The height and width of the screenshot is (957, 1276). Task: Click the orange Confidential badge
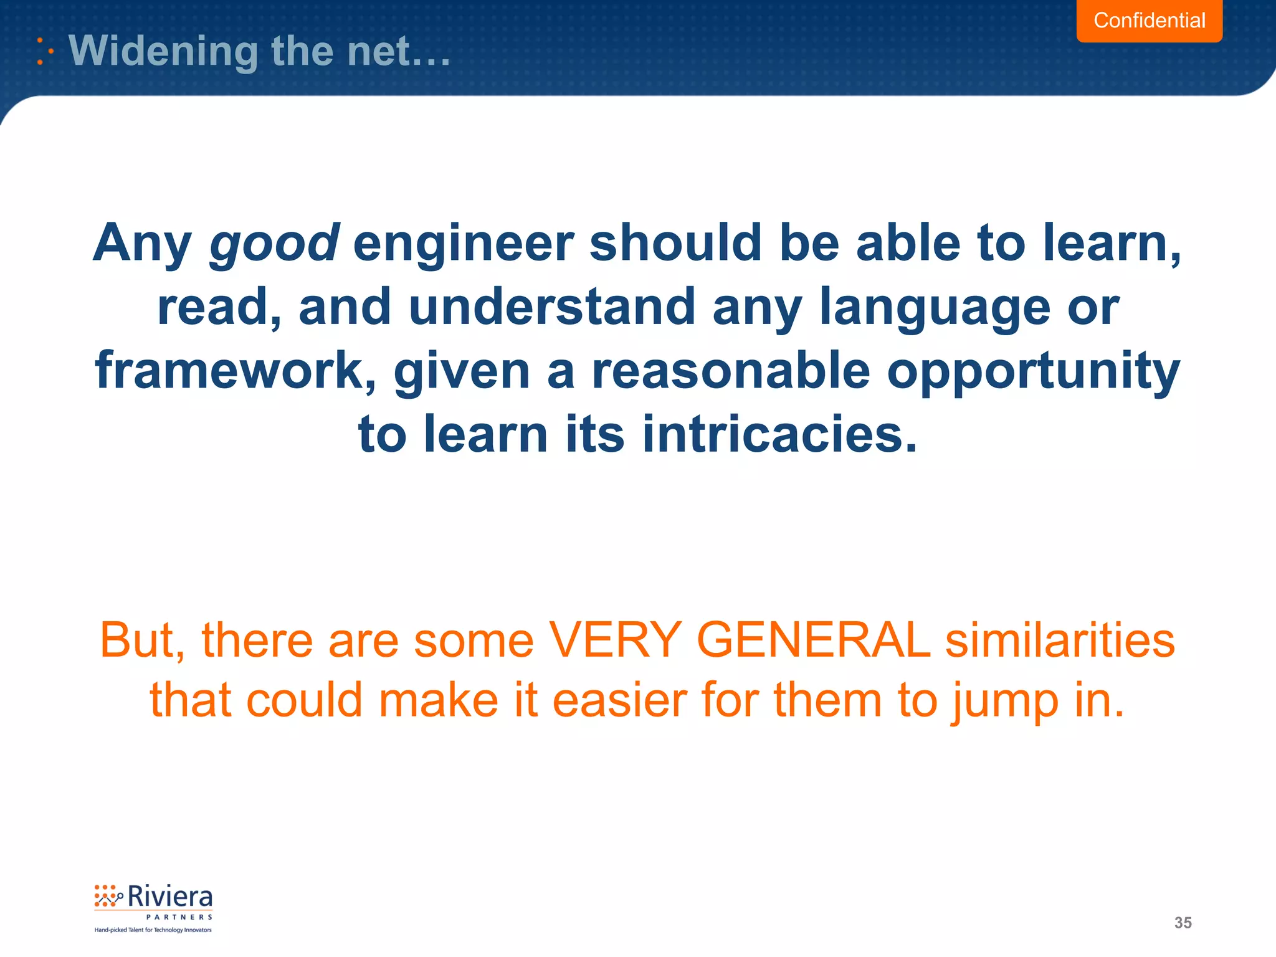click(x=1149, y=21)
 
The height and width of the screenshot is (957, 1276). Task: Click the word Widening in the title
click(x=163, y=50)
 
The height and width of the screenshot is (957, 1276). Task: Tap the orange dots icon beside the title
click(x=44, y=51)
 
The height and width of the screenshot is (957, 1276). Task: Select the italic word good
click(x=274, y=243)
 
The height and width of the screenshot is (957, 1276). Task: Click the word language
click(x=935, y=308)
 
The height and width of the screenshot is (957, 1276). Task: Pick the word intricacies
click(x=779, y=434)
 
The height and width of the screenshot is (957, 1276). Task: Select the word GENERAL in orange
click(x=813, y=640)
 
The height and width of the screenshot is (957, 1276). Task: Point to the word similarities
click(x=1060, y=640)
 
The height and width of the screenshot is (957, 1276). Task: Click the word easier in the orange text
click(x=618, y=700)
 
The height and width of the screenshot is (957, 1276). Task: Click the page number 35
click(x=1183, y=923)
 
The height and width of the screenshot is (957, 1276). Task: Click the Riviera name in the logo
click(x=169, y=897)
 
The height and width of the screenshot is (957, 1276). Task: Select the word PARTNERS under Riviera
click(x=179, y=917)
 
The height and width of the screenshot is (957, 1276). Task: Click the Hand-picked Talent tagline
click(x=153, y=930)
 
